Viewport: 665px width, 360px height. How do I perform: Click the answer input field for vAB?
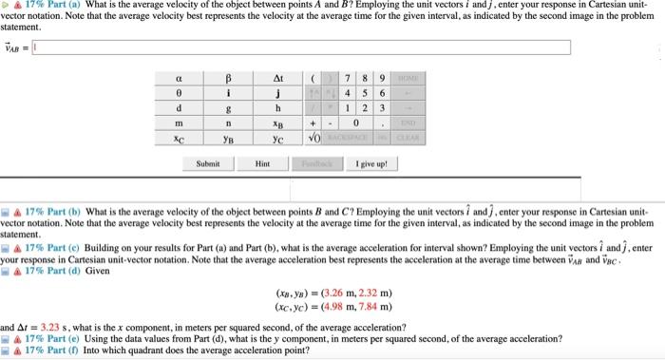[x=302, y=47]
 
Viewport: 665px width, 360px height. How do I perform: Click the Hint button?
[x=263, y=163]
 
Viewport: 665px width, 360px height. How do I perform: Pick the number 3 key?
[x=381, y=108]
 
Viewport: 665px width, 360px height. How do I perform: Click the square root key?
[x=313, y=137]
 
